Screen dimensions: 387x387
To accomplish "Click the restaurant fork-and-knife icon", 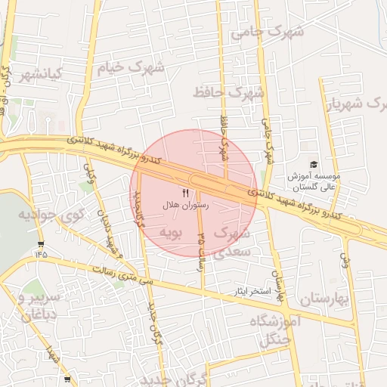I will click(x=186, y=193).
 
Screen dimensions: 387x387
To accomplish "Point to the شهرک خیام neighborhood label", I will click(x=130, y=69).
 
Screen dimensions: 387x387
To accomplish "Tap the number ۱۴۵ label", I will click(x=40, y=254).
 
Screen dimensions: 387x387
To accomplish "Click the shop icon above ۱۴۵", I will click(x=40, y=243).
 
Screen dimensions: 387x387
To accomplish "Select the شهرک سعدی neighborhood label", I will click(x=231, y=243).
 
